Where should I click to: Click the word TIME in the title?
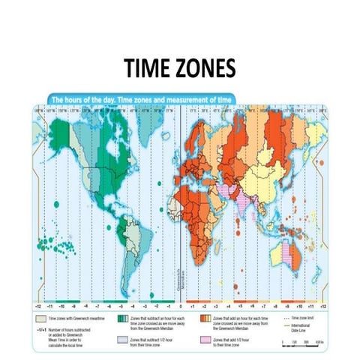pos(148,69)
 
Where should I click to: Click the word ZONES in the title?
pos(204,69)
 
